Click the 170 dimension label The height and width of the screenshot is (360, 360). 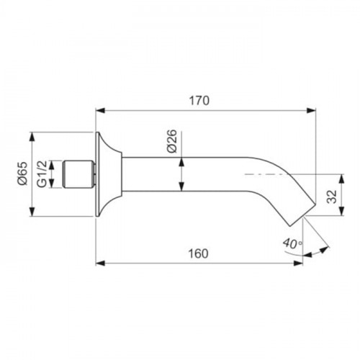tap(199, 101)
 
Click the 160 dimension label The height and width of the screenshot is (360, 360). tap(198, 253)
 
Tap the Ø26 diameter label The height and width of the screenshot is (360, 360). tap(172, 141)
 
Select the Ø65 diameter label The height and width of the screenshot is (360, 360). tap(22, 173)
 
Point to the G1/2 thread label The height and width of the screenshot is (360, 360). tap(42, 174)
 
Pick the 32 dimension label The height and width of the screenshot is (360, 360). tap(332, 197)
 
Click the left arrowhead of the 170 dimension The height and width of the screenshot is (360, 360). tap(101, 111)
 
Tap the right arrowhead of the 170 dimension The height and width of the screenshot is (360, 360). tap(311, 111)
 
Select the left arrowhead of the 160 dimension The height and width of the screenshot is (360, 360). tap(101, 264)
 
